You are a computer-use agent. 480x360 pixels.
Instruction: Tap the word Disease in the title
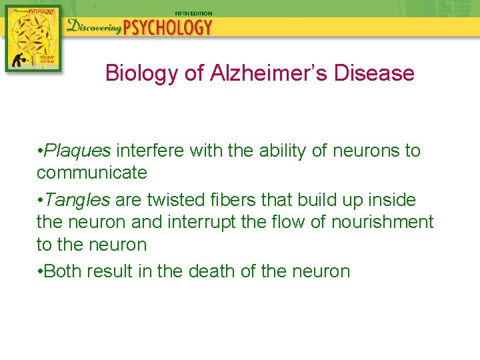(x=374, y=73)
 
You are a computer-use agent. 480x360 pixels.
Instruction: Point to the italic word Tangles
(x=77, y=199)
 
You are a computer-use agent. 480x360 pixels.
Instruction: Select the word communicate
(x=92, y=173)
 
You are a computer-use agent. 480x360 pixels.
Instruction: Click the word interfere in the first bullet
(x=151, y=151)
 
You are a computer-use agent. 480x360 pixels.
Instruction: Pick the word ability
(x=283, y=151)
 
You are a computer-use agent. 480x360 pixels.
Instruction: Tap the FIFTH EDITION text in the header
(x=193, y=13)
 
